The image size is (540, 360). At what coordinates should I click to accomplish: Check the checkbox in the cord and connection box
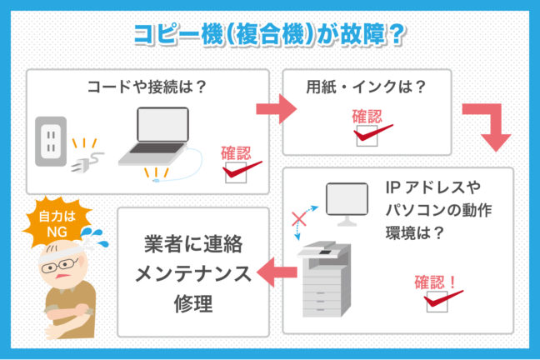tap(234, 172)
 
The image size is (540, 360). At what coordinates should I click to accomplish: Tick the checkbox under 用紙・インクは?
tap(365, 135)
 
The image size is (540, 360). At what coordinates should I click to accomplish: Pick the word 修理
tap(194, 302)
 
